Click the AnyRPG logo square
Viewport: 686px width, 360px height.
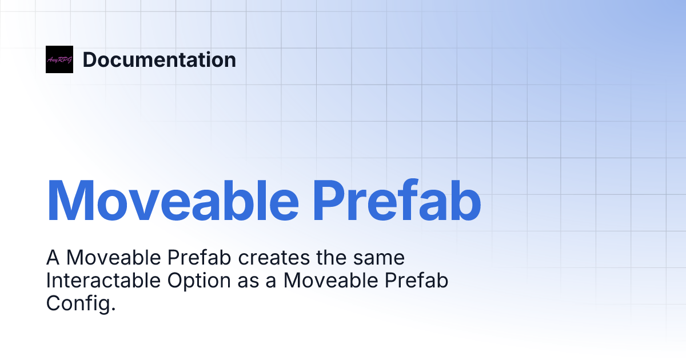(x=59, y=59)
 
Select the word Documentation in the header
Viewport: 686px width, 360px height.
(x=159, y=59)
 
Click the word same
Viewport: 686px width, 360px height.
(x=381, y=258)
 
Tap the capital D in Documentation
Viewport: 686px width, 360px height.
(x=89, y=59)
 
